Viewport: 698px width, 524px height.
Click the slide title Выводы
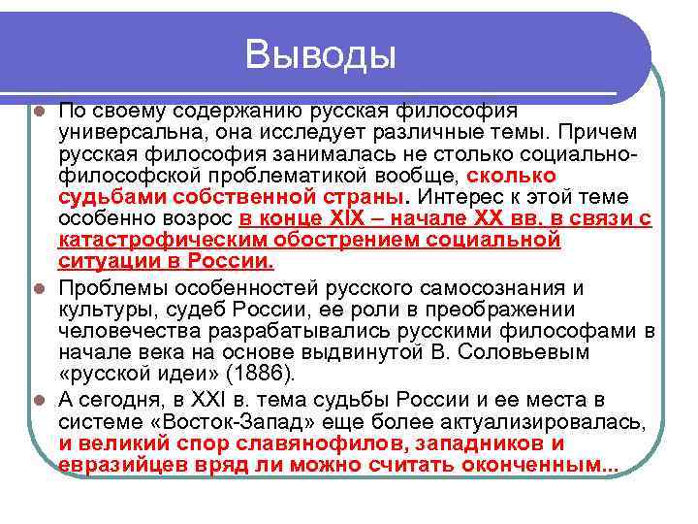[x=321, y=53]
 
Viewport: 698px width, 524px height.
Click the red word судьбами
[x=102, y=197]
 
